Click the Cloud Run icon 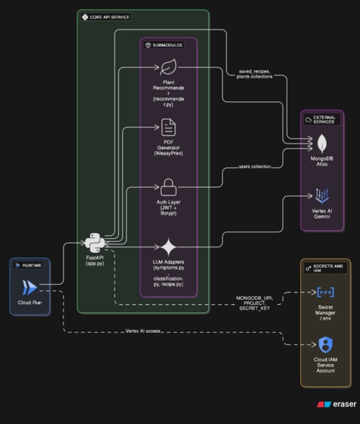pyautogui.click(x=29, y=288)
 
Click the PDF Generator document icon pyautogui.click(x=169, y=127)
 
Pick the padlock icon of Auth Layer pyautogui.click(x=169, y=186)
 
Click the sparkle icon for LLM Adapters pyautogui.click(x=169, y=246)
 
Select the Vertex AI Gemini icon pyautogui.click(x=322, y=196)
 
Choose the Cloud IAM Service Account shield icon pyautogui.click(x=325, y=345)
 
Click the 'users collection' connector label pyautogui.click(x=254, y=167)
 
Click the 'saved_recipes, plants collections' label pyautogui.click(x=254, y=74)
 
